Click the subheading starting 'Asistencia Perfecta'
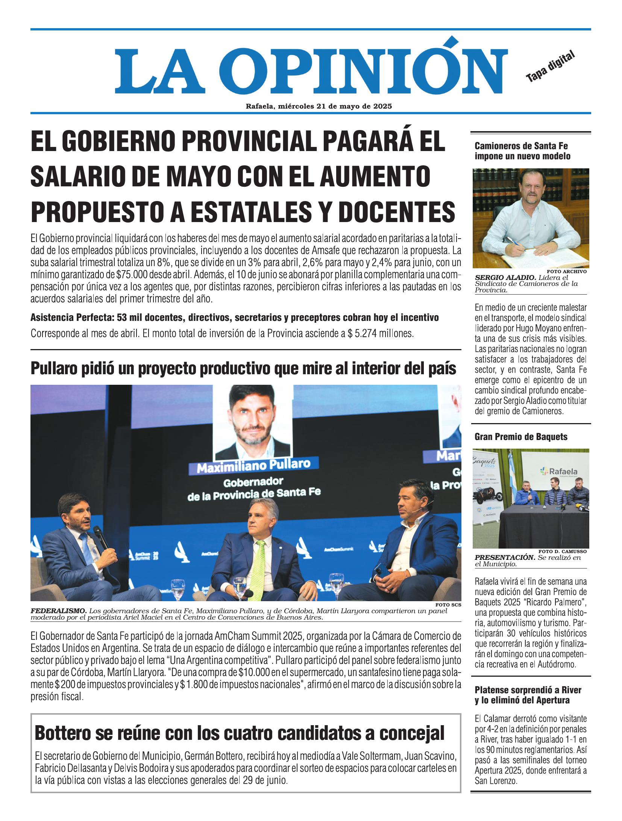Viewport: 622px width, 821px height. pos(234,318)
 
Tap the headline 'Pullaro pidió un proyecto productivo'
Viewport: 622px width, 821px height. pos(244,369)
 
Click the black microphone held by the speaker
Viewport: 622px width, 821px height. pos(100,538)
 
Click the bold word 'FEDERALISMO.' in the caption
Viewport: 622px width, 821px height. pos(59,611)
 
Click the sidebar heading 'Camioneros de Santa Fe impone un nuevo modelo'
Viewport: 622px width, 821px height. pos(522,151)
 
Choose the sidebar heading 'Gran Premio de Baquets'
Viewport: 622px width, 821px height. pos(521,437)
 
